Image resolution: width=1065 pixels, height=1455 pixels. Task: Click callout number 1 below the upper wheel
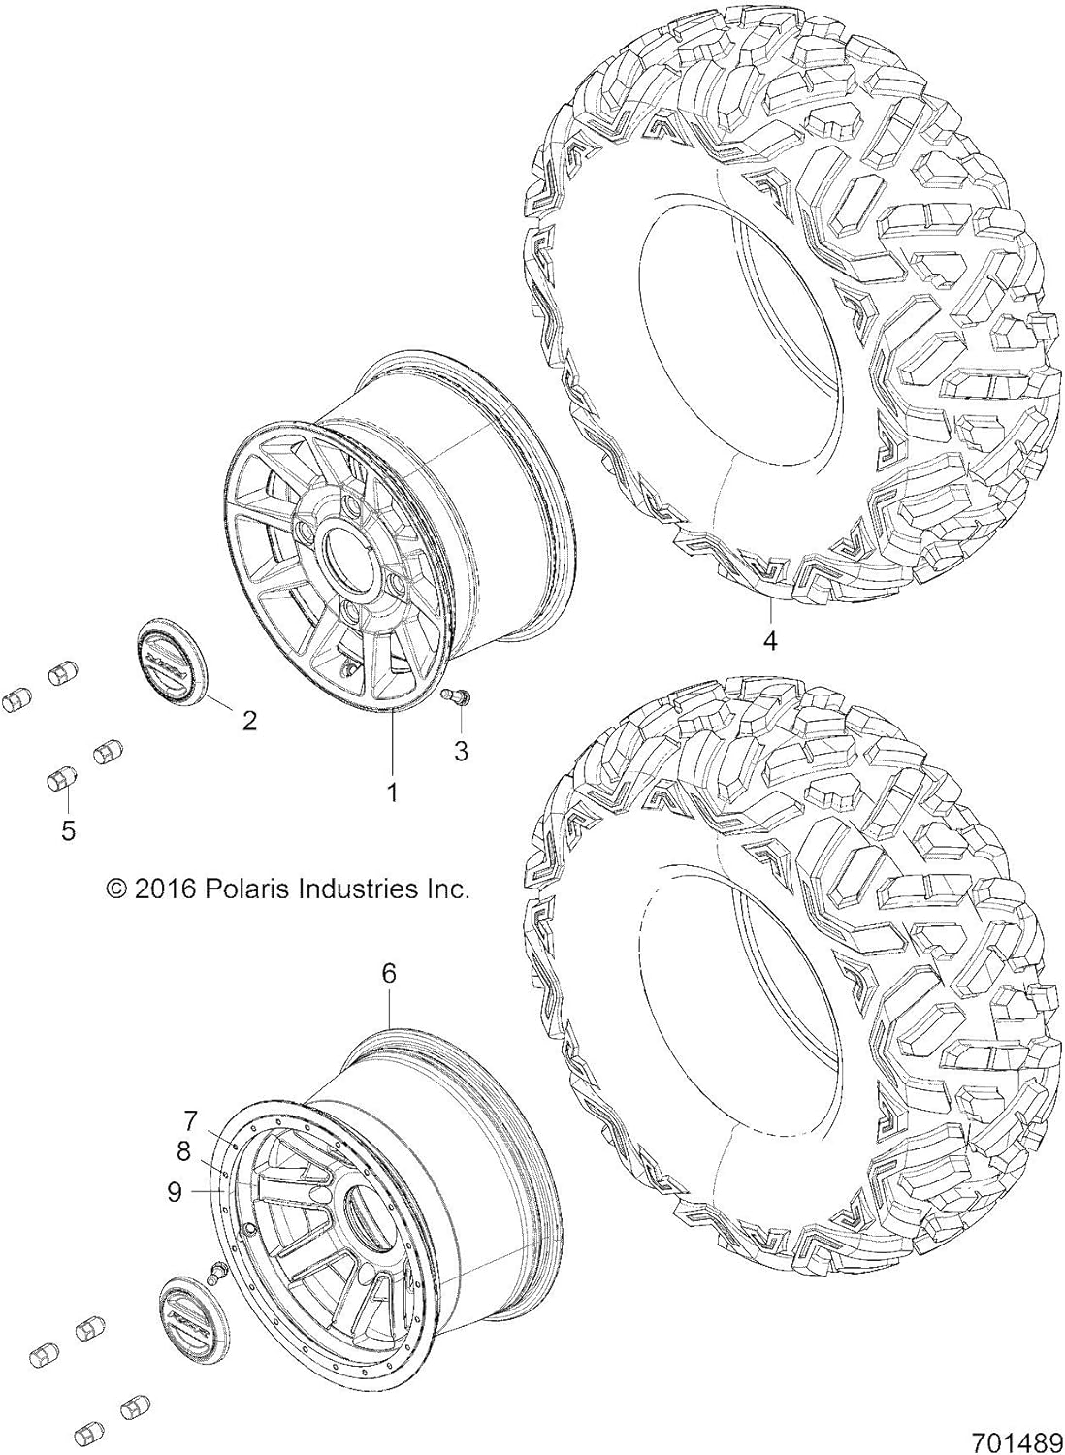coord(393,792)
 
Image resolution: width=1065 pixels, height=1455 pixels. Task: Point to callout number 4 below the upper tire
coord(770,641)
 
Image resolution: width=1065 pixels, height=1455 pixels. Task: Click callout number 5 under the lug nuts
coord(68,830)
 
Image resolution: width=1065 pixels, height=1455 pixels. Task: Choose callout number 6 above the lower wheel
coord(388,974)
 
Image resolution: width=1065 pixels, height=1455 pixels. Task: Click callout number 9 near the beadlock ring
coord(175,1191)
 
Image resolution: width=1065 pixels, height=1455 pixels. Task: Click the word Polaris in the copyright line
coord(238,889)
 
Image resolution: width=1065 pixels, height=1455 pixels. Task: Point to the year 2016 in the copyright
coord(165,889)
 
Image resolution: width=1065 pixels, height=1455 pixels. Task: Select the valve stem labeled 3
coord(457,695)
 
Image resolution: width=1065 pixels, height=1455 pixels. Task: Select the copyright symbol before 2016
coord(116,889)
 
